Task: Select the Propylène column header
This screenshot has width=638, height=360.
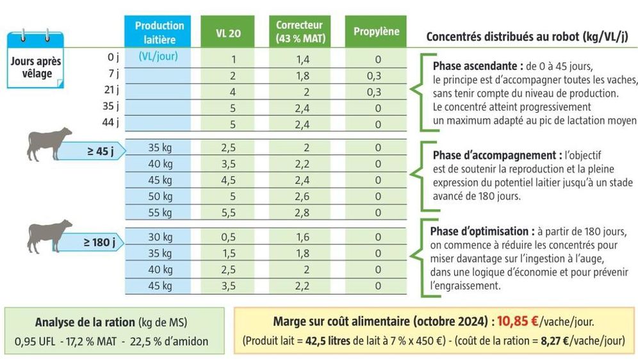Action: pyautogui.click(x=377, y=31)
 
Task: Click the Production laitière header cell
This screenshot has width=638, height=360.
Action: pyautogui.click(x=159, y=31)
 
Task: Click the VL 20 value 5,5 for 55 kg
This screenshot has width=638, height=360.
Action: pyautogui.click(x=229, y=212)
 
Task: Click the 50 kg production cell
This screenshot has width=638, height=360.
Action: pyautogui.click(x=159, y=196)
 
